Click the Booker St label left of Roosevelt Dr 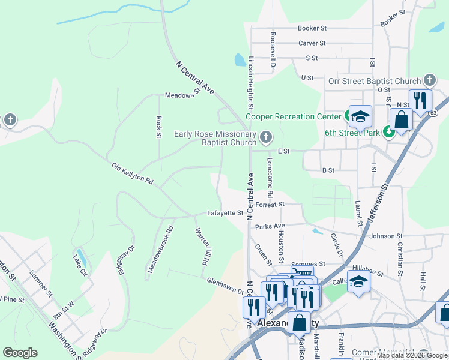coord(312,28)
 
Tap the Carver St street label coord(312,43)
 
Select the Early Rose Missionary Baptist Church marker coord(265,139)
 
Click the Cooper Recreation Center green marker coord(349,115)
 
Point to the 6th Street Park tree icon coord(390,131)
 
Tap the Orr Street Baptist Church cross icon coord(429,80)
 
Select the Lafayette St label coord(225,213)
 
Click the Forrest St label coord(269,205)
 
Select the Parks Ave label coord(270,226)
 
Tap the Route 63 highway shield coord(433,112)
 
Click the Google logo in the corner coord(20,352)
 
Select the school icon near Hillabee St coord(358,281)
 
